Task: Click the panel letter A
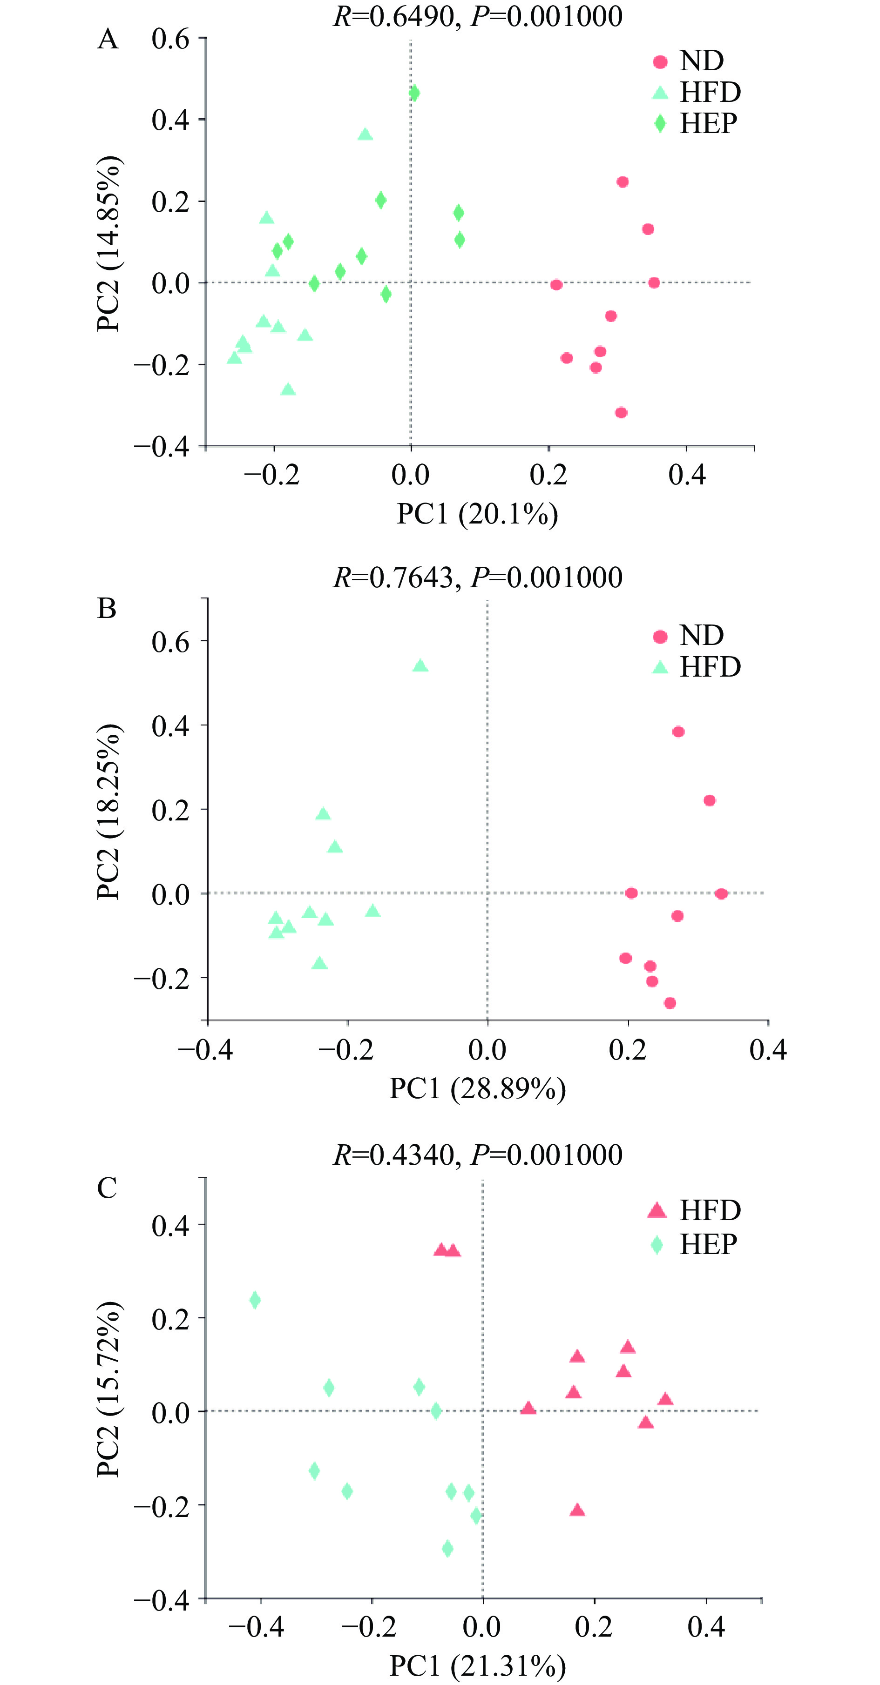click(x=108, y=39)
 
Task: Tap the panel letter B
click(x=107, y=608)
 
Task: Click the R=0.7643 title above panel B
click(x=478, y=577)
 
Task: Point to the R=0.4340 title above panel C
click(x=478, y=1155)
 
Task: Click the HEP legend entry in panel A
click(x=697, y=123)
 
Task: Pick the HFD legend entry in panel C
click(x=697, y=1210)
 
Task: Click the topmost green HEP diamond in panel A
click(x=414, y=94)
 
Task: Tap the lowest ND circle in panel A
click(x=622, y=413)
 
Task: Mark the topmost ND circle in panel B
click(x=678, y=732)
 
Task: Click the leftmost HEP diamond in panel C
click(x=255, y=1300)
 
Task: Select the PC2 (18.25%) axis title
click(x=108, y=811)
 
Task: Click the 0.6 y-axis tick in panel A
click(x=170, y=39)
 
